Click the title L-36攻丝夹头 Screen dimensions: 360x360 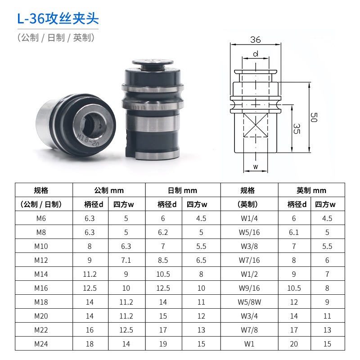[58, 19]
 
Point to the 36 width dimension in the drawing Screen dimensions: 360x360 [256, 40]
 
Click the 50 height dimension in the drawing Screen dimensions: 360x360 [314, 118]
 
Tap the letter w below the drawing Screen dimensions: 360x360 [255, 167]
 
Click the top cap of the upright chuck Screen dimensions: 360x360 [153, 64]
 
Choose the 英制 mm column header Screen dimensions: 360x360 [311, 190]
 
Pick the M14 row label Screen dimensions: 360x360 [44, 274]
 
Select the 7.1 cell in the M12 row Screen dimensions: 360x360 [126, 260]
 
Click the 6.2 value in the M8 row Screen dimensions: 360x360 [163, 233]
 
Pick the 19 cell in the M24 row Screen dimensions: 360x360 [163, 344]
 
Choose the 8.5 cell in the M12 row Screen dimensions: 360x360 [163, 260]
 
